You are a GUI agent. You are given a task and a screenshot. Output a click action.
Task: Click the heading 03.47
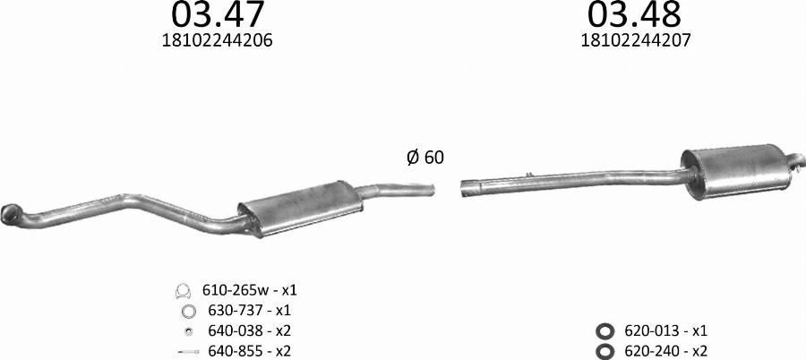pos(219,16)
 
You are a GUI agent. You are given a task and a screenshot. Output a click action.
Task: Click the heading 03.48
pos(634,16)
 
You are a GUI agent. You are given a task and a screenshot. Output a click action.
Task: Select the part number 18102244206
pos(219,40)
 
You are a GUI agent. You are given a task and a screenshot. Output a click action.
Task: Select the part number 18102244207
pos(635,40)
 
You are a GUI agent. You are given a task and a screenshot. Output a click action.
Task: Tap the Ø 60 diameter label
pos(424,158)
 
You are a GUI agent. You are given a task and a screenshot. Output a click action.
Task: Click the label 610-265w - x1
pos(250,291)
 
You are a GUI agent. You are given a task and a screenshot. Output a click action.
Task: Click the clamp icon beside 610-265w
pos(184,291)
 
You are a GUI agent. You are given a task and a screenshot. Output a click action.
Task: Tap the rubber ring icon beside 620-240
pos(604,351)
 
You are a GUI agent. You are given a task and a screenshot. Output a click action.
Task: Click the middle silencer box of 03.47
pos(297,207)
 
